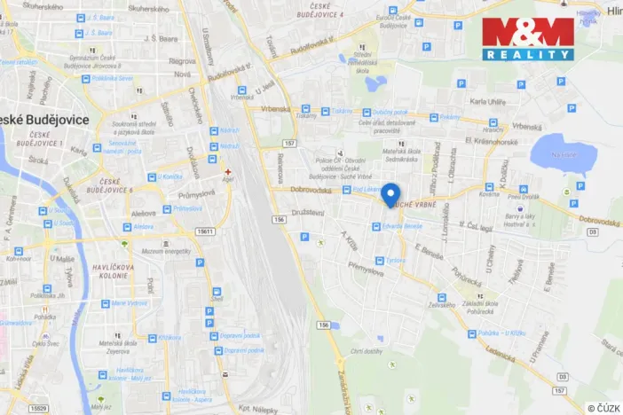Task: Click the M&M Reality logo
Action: (528, 39)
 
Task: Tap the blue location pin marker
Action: (391, 194)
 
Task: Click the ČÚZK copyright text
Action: (603, 408)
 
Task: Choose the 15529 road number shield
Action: (35, 409)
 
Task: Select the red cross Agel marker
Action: (228, 171)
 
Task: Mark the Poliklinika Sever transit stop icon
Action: (86, 79)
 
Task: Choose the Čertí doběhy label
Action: (366, 351)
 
